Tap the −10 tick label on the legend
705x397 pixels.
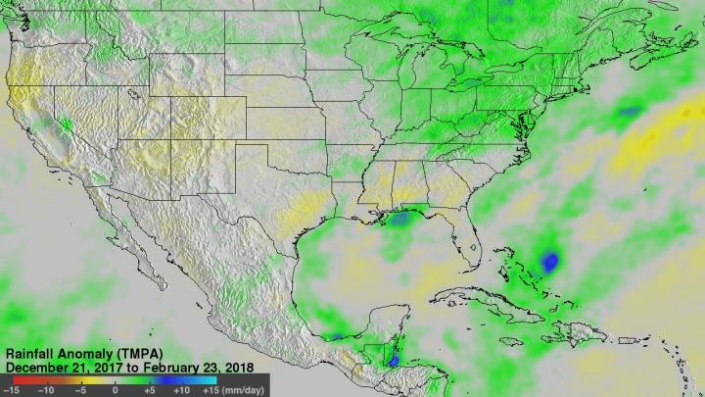45,389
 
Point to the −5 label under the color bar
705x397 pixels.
81,389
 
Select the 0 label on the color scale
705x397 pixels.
116,389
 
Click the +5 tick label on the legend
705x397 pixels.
148,389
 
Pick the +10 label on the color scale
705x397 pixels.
182,389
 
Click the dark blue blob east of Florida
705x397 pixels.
549,262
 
